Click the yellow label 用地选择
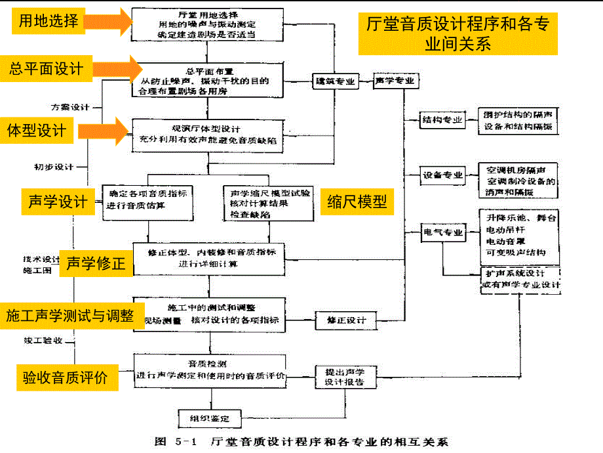coord(47,20)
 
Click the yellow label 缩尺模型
coord(357,202)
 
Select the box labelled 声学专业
coord(395,81)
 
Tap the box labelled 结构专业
coord(442,120)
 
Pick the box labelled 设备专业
coord(442,175)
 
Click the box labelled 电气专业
coord(442,232)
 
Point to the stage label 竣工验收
coord(43,341)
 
